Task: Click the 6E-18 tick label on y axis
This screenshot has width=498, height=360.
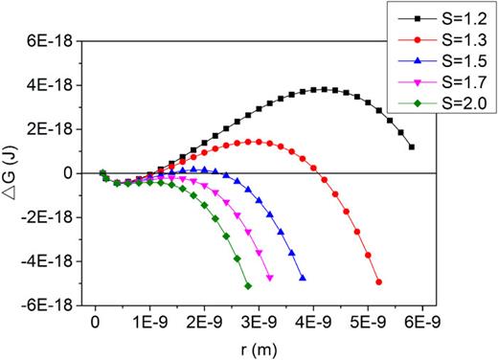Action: [56, 41]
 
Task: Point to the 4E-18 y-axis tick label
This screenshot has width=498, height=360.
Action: [56, 85]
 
